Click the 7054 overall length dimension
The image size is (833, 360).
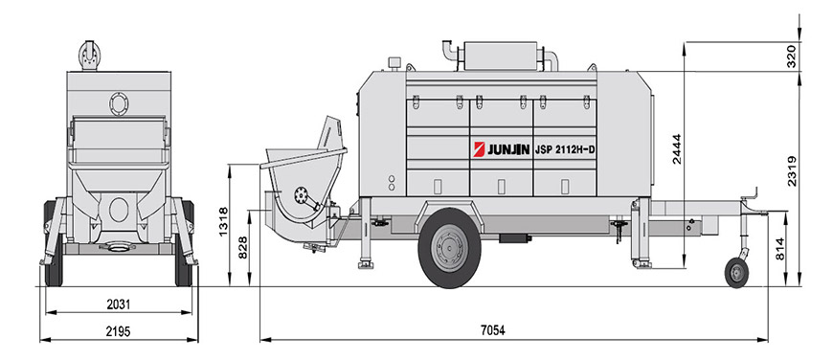pyautogui.click(x=492, y=330)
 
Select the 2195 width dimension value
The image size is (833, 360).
pyautogui.click(x=118, y=331)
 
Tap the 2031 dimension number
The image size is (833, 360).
pyautogui.click(x=118, y=304)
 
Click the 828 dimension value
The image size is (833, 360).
pyautogui.click(x=243, y=247)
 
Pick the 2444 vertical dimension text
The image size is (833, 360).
pyautogui.click(x=676, y=148)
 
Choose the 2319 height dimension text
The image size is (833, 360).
pyautogui.click(x=792, y=170)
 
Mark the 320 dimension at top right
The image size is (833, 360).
pyautogui.click(x=791, y=56)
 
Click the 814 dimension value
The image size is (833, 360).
pyautogui.click(x=780, y=249)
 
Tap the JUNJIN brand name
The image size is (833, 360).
pyautogui.click(x=508, y=150)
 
